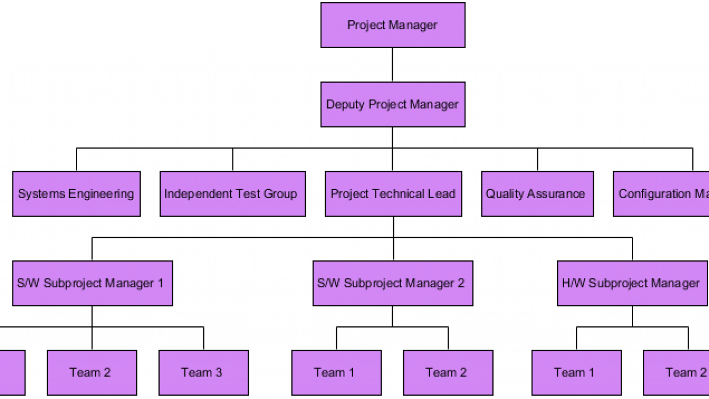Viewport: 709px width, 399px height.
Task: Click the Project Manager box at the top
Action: coord(393,25)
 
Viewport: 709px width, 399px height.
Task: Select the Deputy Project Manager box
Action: coord(393,105)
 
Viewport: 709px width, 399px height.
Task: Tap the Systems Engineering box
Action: coord(76,194)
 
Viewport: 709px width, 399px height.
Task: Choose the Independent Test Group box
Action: coord(233,194)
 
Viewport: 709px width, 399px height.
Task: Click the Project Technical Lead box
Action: coord(393,194)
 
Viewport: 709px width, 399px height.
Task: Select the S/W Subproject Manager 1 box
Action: coord(93,283)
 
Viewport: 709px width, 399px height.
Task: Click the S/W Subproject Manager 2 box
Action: coord(393,283)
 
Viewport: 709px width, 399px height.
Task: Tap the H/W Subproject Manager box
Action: coord(632,283)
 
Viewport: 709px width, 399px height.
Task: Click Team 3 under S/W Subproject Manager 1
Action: coord(203,372)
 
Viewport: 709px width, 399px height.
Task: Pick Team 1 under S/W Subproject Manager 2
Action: coord(336,372)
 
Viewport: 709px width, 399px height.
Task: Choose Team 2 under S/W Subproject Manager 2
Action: coord(448,372)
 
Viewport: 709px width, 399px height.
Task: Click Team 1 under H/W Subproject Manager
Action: coord(576,372)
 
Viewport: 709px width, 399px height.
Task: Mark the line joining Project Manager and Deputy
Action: coord(393,65)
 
